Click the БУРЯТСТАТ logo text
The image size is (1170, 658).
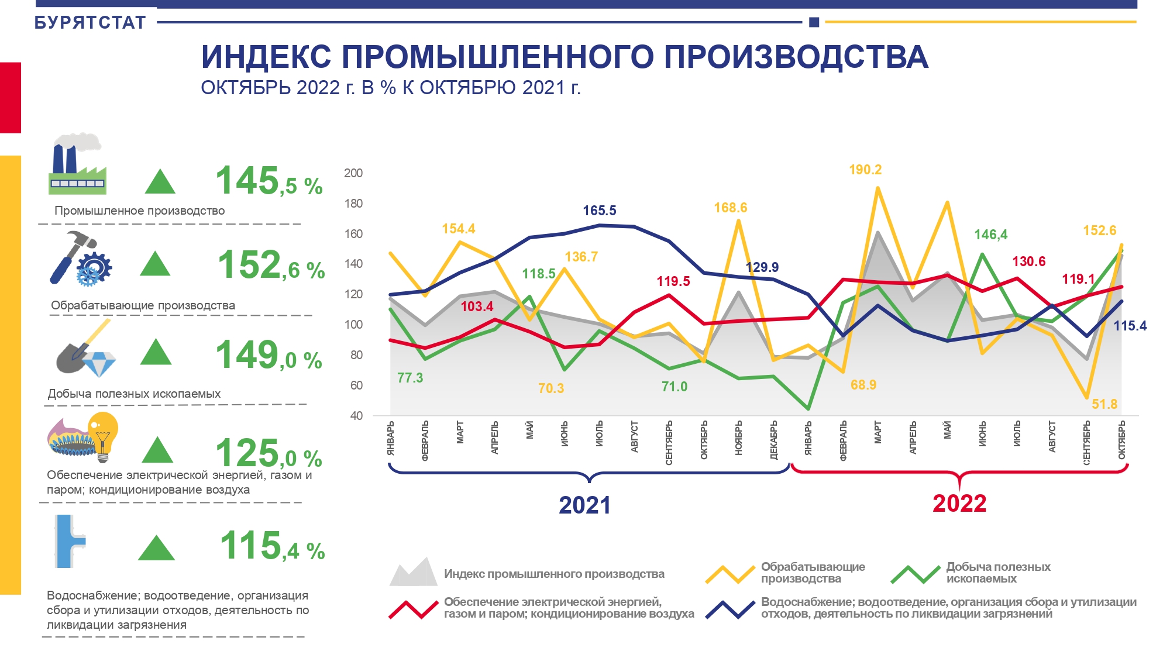coord(90,23)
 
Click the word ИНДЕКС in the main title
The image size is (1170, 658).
coord(266,57)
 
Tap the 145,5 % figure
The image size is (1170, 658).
coord(269,181)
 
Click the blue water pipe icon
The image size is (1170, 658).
coord(69,541)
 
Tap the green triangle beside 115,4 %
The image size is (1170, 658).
coord(156,549)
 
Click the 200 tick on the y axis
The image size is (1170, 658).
coord(353,173)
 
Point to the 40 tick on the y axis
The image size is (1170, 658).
coord(356,416)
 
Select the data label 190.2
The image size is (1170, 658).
coord(865,170)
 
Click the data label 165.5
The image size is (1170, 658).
coord(600,211)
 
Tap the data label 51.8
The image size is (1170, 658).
coord(1104,404)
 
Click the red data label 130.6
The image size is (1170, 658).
coord(1029,261)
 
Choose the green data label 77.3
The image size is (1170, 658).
coord(410,378)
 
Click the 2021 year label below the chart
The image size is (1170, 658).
coord(584,505)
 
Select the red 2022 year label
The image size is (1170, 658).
coord(959,504)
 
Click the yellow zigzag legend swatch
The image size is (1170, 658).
coord(729,574)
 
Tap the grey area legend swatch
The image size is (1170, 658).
coord(413,573)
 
